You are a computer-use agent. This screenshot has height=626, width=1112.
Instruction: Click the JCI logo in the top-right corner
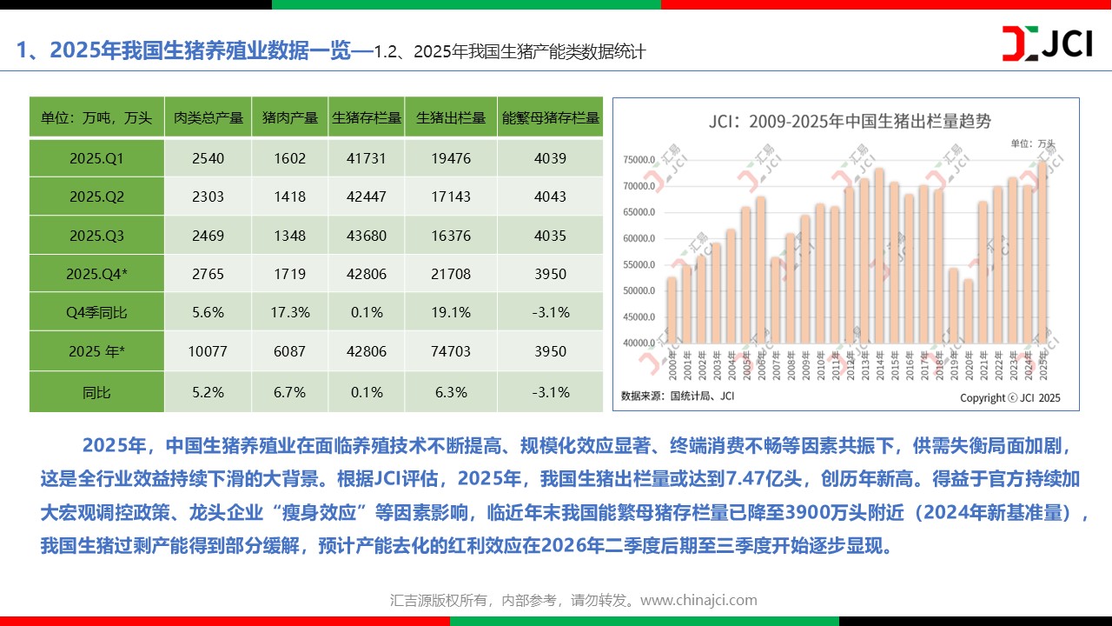(1047, 43)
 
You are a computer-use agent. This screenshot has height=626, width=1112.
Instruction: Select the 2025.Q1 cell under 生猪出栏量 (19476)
(450, 158)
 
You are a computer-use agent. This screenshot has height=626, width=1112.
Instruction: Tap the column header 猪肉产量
(290, 118)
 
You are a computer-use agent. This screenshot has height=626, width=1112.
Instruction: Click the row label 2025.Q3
(96, 236)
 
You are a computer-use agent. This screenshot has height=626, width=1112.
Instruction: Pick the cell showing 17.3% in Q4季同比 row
(290, 312)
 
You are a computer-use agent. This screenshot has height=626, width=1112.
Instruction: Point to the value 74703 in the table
(450, 351)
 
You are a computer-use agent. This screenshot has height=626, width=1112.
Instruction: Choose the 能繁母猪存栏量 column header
(551, 118)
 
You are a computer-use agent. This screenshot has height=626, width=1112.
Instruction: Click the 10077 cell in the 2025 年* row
(208, 351)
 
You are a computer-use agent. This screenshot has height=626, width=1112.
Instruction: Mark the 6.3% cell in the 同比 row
(450, 392)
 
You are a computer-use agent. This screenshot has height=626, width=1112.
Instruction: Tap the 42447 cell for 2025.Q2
(365, 196)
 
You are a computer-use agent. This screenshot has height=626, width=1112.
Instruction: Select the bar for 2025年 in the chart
(1042, 252)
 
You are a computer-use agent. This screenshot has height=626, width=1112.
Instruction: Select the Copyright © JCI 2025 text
(1009, 397)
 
